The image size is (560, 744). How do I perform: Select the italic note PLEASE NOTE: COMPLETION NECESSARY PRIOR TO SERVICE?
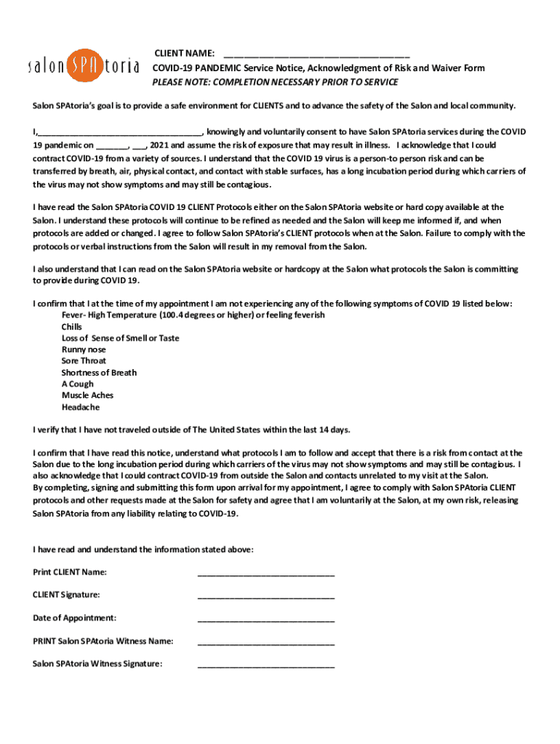pos(275,81)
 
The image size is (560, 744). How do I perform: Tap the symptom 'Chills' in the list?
pos(72,327)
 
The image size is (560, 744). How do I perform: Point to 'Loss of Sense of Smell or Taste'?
pos(120,338)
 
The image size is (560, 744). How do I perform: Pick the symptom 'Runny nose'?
pos(84,349)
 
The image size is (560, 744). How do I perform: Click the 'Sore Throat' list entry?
pos(84,361)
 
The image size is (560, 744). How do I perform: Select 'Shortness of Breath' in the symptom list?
pos(99,373)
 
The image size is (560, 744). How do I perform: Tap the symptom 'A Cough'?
pos(77,384)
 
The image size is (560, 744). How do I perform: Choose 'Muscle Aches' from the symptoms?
pos(87,395)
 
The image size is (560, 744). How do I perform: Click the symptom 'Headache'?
pos(81,407)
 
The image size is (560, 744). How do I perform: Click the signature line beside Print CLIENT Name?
pos(265,575)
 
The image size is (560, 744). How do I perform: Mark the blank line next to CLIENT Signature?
pos(265,597)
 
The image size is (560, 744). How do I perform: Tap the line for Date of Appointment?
pos(265,620)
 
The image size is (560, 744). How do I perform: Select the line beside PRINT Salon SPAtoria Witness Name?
pos(265,644)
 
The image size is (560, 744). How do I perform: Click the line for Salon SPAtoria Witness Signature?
pos(265,666)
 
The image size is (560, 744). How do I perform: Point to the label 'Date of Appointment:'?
pos(74,618)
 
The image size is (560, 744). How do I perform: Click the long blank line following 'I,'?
pos(120,134)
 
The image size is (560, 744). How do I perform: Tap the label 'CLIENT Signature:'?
pos(66,595)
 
